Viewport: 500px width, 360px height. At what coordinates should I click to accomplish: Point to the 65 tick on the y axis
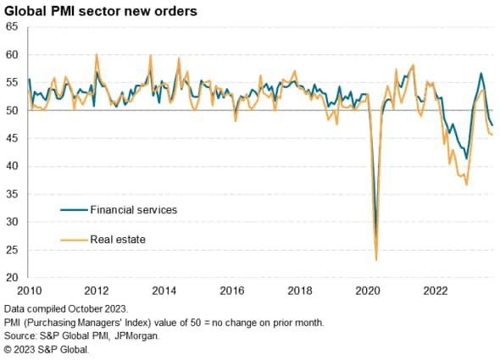coord(14,27)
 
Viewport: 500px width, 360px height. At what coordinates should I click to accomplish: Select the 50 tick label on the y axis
coord(14,110)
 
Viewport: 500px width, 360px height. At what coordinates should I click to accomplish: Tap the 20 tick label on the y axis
coord(14,277)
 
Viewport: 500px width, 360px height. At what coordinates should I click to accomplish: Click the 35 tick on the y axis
coord(14,194)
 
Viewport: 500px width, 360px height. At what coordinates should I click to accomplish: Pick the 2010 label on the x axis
coord(28,290)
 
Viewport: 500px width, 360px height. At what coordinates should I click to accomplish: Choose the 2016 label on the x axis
coord(232,290)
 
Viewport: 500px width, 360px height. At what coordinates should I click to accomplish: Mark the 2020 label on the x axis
coord(369,290)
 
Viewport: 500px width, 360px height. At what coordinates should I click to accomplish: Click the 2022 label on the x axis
coord(436,290)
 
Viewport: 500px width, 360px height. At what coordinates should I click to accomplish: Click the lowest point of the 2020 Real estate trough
coord(375,260)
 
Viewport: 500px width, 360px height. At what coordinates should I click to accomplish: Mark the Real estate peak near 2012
coord(97,55)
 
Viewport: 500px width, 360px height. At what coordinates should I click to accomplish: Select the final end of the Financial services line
coord(493,125)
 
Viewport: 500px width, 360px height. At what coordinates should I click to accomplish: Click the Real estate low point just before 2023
coord(466,184)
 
